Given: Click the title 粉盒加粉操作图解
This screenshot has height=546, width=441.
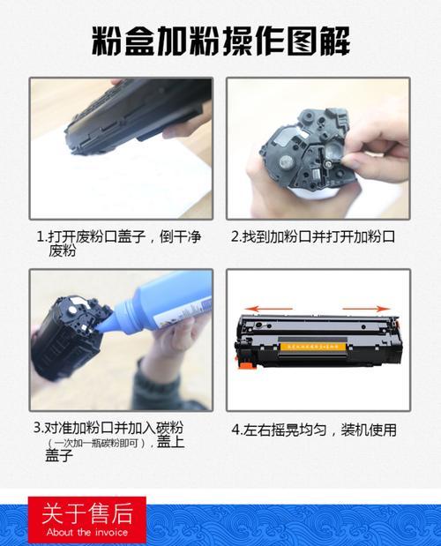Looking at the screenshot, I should [x=220, y=41].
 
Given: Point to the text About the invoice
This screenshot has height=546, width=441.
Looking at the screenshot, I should [x=86, y=532].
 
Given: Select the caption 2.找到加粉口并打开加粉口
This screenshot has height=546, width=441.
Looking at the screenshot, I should [x=312, y=237].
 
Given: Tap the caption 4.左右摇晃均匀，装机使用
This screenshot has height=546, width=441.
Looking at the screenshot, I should [x=314, y=430].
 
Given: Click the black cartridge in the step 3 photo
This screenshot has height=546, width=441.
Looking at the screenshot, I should [x=71, y=335].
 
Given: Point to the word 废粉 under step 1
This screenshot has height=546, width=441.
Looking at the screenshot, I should [x=63, y=251].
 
